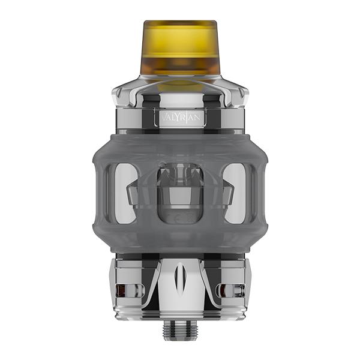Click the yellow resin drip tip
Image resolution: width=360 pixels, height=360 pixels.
click(x=180, y=45)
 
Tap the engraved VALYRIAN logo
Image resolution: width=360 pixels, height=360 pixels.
click(x=181, y=116)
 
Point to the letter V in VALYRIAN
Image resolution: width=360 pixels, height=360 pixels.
click(x=160, y=116)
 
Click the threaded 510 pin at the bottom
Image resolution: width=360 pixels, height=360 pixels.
click(x=181, y=330)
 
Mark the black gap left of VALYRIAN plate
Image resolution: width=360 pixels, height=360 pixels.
click(x=151, y=116)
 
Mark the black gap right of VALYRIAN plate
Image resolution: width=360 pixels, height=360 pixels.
click(x=210, y=116)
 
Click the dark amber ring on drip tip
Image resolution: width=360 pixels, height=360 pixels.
click(x=180, y=63)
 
